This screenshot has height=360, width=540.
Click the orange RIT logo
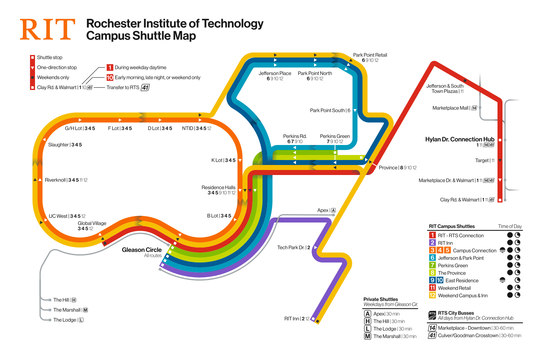click(x=47, y=29)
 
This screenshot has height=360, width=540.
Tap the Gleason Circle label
click(x=142, y=250)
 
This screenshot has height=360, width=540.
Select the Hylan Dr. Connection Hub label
click(x=459, y=139)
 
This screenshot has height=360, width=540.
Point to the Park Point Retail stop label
click(x=370, y=55)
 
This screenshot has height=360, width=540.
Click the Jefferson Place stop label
click(x=275, y=73)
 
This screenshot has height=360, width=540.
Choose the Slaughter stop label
click(x=65, y=145)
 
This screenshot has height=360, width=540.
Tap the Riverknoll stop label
click(x=66, y=180)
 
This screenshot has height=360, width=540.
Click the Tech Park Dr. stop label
click(x=293, y=247)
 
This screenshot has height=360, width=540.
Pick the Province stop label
click(x=397, y=168)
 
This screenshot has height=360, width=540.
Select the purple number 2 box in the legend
click(x=432, y=243)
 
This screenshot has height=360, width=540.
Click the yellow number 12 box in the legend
click(x=432, y=295)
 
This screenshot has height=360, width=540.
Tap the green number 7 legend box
click(x=432, y=265)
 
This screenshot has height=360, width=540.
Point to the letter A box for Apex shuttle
click(x=367, y=314)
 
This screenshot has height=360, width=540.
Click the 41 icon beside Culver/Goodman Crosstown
click(x=432, y=335)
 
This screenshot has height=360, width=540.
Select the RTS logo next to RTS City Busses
click(x=432, y=315)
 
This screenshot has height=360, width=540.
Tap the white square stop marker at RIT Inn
click(x=313, y=319)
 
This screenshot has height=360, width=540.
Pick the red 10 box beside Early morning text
click(x=110, y=77)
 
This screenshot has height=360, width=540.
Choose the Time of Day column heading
click(x=510, y=226)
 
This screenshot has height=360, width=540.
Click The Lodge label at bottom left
click(x=65, y=320)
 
